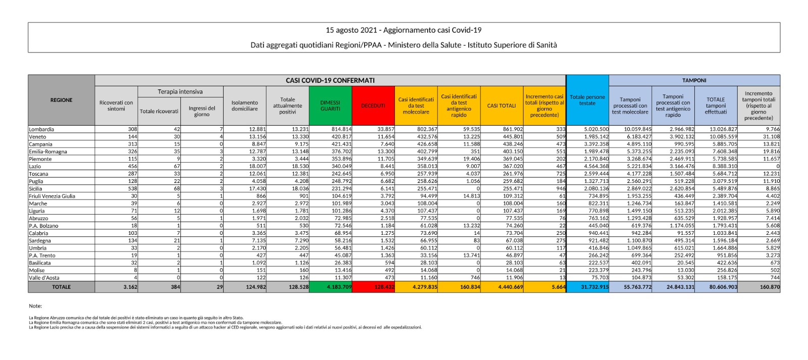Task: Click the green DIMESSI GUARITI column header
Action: (x=330, y=106)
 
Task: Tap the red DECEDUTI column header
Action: (x=373, y=106)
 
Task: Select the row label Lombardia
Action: (x=41, y=129)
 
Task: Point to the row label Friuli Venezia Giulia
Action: (x=52, y=196)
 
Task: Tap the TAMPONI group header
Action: (x=694, y=80)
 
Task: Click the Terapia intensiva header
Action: (x=180, y=91)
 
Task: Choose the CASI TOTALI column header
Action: (x=501, y=106)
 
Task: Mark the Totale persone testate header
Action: (x=587, y=100)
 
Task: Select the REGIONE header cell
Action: (x=61, y=100)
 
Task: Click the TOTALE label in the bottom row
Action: (x=61, y=287)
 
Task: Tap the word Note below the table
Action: (x=35, y=306)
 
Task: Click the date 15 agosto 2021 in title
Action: (x=350, y=30)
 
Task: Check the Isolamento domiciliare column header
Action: (x=244, y=106)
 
